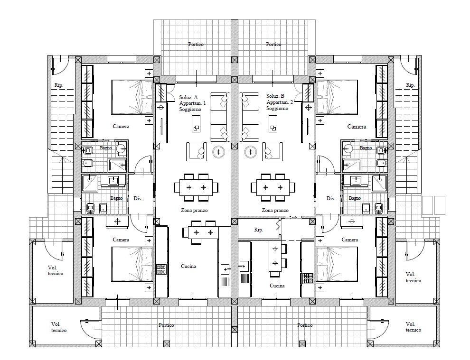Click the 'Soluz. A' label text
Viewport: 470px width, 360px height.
pyautogui.click(x=188, y=97)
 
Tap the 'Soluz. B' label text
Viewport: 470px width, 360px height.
pyautogui.click(x=275, y=96)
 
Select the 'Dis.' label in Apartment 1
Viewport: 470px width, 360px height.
pyautogui.click(x=138, y=198)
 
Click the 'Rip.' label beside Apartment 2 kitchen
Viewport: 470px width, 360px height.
pyautogui.click(x=259, y=230)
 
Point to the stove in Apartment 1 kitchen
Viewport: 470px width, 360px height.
pyautogui.click(x=161, y=269)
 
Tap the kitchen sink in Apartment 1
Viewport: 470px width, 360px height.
pyautogui.click(x=225, y=269)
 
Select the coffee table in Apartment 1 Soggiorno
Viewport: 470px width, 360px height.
pyautogui.click(x=196, y=124)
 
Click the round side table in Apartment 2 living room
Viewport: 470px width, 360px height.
pyautogui.click(x=251, y=152)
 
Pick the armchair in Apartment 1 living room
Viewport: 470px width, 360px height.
pyautogui.click(x=197, y=152)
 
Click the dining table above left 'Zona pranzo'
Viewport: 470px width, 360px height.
pyautogui.click(x=196, y=187)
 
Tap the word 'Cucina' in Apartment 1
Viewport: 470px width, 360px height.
pyautogui.click(x=188, y=266)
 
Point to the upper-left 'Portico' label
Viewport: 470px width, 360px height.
pyautogui.click(x=196, y=44)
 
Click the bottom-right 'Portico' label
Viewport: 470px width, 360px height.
pyautogui.click(x=305, y=325)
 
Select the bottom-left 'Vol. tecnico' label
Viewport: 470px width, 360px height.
pyautogui.click(x=59, y=327)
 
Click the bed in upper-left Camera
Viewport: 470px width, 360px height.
pyautogui.click(x=132, y=97)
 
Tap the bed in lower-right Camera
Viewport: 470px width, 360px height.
pyautogui.click(x=337, y=264)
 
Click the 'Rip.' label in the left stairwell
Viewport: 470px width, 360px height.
pyautogui.click(x=59, y=85)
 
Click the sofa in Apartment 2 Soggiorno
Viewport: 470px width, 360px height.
pyautogui.click(x=249, y=117)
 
